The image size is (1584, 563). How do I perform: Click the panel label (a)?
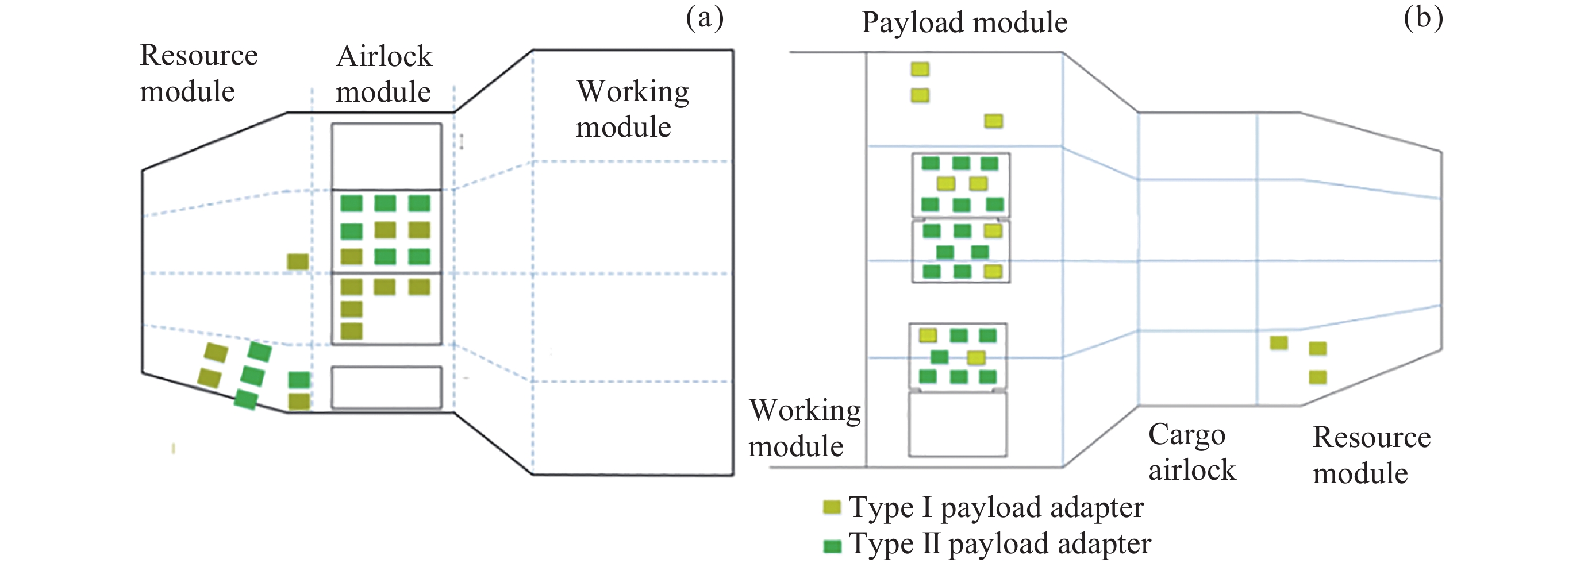click(x=705, y=18)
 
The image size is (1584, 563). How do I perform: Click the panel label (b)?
click(x=1423, y=18)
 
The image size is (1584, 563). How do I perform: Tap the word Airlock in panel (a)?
click(x=385, y=56)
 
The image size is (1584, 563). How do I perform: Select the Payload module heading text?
click(x=964, y=23)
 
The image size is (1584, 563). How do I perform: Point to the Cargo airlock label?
click(x=1191, y=452)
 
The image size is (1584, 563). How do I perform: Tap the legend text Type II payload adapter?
click(x=1000, y=544)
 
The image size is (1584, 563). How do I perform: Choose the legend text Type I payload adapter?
click(x=996, y=508)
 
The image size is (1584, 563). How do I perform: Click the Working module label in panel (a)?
click(x=632, y=109)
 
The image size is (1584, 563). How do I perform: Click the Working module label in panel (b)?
click(x=804, y=428)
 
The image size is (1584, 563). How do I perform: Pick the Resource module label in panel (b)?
click(x=1372, y=455)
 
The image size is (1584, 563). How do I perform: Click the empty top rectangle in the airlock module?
click(x=386, y=156)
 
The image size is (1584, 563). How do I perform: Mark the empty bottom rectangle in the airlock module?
click(x=386, y=387)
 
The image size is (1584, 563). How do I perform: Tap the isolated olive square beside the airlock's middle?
click(x=298, y=262)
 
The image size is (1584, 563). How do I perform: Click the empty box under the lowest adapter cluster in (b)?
click(x=958, y=424)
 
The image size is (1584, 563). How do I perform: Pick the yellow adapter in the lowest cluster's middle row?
click(x=976, y=357)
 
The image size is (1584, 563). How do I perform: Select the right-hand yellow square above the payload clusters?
click(x=993, y=121)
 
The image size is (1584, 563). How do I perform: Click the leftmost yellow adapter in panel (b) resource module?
click(x=1279, y=342)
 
